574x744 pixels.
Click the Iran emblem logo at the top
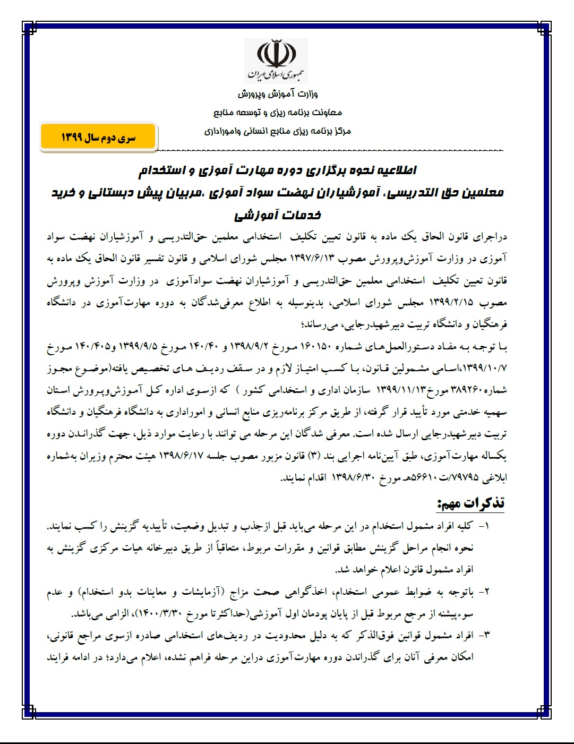pos(277,59)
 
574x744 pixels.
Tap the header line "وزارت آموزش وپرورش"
pos(278,94)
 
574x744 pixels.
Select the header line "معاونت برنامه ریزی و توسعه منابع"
pos(278,113)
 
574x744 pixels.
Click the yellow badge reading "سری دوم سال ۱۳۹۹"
pos(98,138)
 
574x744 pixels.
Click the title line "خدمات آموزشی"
pos(278,215)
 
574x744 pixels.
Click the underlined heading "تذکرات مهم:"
pos(470,503)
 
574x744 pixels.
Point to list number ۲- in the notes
pos(484,592)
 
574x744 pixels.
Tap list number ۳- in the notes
pos(484,635)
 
